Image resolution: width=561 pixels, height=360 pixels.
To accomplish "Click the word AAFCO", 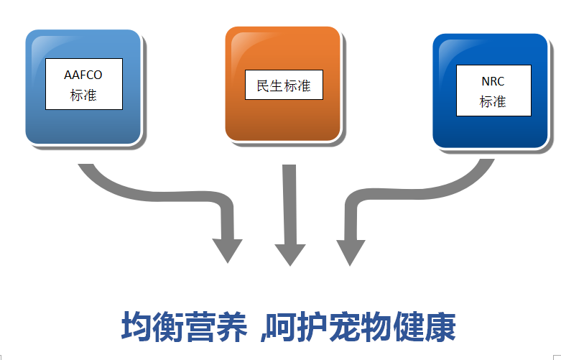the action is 83,75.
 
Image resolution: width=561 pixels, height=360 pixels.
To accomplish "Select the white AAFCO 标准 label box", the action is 84,84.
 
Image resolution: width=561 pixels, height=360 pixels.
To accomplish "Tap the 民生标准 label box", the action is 284,85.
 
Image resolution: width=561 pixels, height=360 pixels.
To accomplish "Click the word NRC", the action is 493,81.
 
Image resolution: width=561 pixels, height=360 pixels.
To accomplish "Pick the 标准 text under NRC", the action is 493,101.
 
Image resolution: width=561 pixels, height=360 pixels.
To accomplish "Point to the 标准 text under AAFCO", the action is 83,95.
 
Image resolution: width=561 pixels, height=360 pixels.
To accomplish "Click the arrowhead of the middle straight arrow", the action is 290,255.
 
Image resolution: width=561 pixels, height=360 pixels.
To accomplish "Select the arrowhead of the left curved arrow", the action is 228,251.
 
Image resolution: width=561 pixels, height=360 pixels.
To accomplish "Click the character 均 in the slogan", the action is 136,326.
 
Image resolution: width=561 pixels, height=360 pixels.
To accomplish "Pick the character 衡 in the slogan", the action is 168,326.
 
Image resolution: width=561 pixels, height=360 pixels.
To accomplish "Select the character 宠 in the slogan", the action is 344,326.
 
